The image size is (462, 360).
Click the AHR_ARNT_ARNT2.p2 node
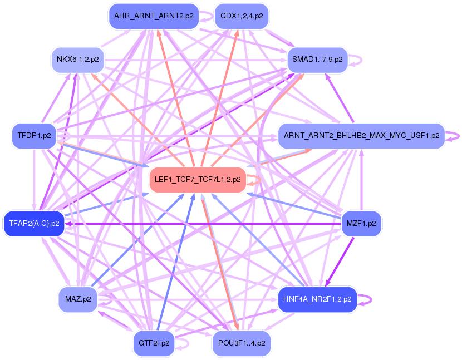coord(154,16)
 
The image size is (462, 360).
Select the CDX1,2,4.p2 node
coord(241,16)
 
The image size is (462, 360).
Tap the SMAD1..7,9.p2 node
coord(317,58)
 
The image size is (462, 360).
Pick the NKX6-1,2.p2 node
coord(77,58)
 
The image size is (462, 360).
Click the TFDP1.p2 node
coord(33,135)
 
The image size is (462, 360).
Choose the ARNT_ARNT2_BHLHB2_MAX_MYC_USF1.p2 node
coord(361,135)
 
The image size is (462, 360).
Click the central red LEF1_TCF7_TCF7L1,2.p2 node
coord(198,180)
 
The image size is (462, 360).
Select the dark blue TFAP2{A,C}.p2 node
coord(34,224)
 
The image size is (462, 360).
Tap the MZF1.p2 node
coord(361,224)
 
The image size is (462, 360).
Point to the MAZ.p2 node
coord(77,299)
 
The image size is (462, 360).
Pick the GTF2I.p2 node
coord(154,343)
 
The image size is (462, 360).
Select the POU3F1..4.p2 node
coord(241,343)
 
